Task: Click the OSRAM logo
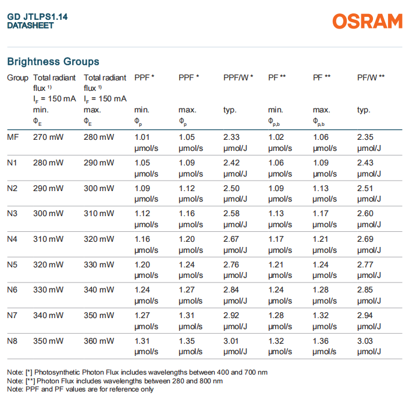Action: click(x=367, y=22)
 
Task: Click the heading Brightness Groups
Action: click(x=53, y=61)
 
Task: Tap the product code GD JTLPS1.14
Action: click(x=37, y=17)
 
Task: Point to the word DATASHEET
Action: click(x=30, y=26)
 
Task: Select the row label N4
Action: click(x=12, y=239)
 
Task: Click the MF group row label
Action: click(x=12, y=137)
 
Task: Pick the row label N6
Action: click(x=12, y=290)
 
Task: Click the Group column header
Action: click(x=17, y=77)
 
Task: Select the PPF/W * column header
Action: click(x=238, y=77)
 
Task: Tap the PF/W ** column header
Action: click(x=371, y=77)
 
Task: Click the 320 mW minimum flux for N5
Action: click(x=48, y=264)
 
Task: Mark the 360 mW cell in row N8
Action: click(x=99, y=341)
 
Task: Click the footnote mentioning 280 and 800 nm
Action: click(x=115, y=380)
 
